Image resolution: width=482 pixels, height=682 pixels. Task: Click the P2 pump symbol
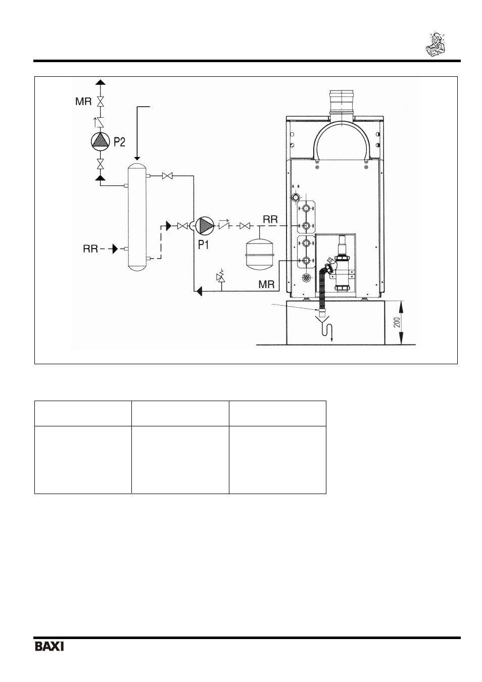coord(100,142)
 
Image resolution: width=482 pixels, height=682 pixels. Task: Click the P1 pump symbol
coord(205,226)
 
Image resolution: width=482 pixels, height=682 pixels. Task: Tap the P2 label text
coord(119,142)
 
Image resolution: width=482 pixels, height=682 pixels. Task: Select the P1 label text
coord(204,244)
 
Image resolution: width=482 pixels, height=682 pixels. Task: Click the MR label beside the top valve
coord(83,102)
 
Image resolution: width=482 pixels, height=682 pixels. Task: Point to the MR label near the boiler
coord(266,284)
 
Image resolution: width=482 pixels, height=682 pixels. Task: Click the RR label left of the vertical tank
coord(90,249)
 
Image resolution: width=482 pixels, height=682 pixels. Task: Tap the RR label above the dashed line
coord(270,219)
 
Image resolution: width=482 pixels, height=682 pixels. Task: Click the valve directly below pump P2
coord(100,164)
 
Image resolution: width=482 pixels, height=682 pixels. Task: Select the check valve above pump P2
coord(100,122)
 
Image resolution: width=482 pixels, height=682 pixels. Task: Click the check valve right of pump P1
coord(224,226)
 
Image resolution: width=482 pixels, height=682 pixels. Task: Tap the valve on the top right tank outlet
coord(167,176)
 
